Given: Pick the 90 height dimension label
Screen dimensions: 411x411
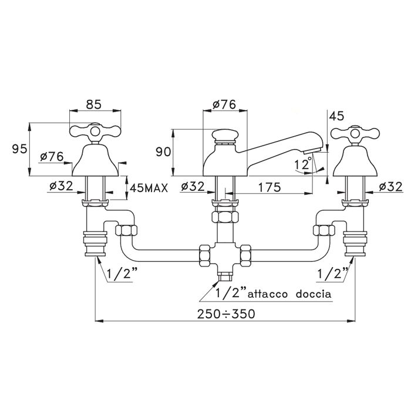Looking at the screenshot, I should point(163,152).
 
